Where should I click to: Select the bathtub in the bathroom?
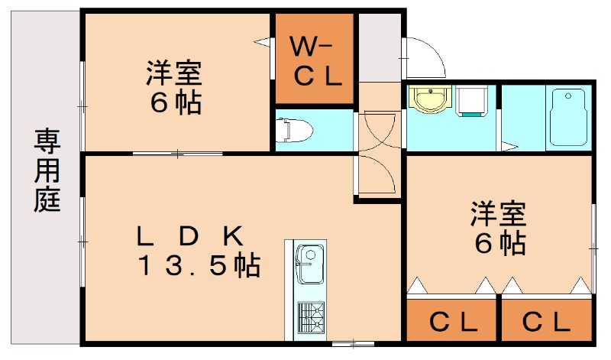(x=567, y=117)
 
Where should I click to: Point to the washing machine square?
(x=472, y=102)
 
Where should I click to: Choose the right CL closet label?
(x=547, y=322)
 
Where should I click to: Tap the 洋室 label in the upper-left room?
(x=175, y=75)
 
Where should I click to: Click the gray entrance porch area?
(x=380, y=47)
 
